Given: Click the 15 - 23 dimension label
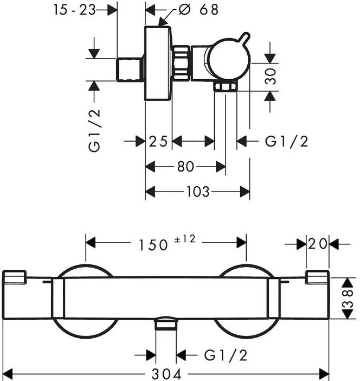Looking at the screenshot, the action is (x=74, y=10).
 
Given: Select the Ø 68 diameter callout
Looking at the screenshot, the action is (x=198, y=10).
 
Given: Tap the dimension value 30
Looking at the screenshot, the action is (x=270, y=77).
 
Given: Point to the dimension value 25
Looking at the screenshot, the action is (x=158, y=141).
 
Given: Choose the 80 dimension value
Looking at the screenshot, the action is (x=186, y=167).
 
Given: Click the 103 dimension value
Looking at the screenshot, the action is (x=197, y=192).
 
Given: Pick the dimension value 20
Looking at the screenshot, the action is (x=318, y=244).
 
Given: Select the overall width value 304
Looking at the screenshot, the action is (x=166, y=374).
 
